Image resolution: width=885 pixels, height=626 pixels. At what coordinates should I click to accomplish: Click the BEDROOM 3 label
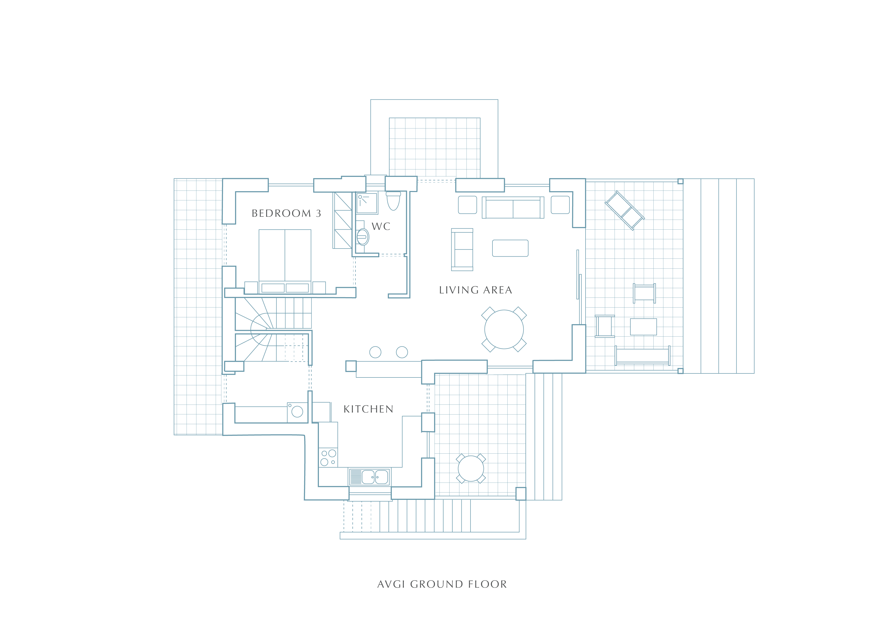286,213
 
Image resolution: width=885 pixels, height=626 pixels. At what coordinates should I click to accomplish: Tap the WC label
381,227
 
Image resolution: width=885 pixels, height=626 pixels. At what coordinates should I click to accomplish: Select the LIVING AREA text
476,290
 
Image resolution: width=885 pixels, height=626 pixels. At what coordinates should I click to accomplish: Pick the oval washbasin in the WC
363,237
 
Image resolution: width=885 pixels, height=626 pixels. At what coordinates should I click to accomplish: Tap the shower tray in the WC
367,203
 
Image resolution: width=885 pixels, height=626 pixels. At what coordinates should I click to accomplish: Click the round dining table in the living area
504,329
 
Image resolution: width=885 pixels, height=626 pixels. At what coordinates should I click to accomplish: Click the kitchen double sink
370,477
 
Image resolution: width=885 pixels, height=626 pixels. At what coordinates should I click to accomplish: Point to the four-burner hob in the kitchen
328,457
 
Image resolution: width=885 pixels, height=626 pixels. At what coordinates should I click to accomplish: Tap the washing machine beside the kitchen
297,413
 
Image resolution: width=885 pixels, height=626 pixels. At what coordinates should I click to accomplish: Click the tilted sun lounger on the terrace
624,210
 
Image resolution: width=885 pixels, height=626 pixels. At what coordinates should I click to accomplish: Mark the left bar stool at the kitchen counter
375,352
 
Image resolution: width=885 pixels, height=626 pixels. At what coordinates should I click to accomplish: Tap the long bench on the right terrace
643,356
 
